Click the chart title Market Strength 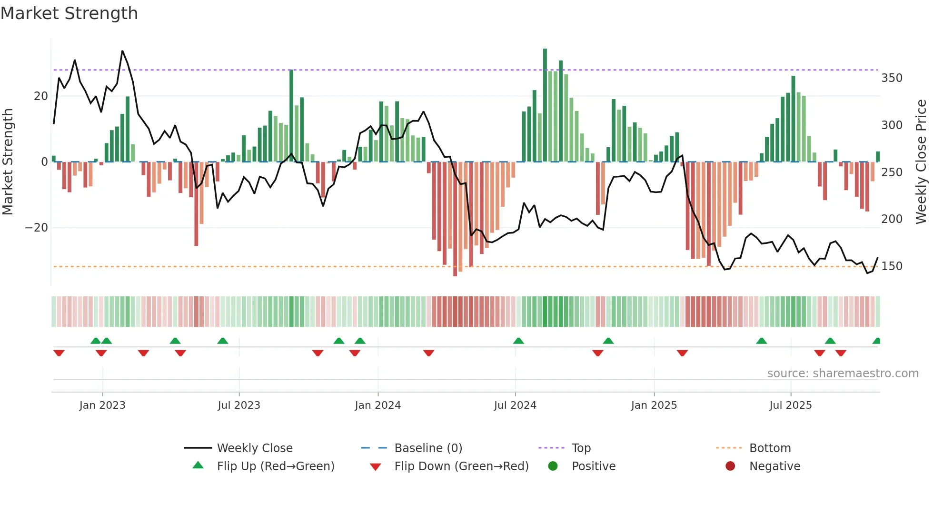[x=69, y=13]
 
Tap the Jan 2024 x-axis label [x=377, y=405]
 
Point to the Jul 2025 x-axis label [x=790, y=405]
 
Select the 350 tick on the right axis [x=892, y=78]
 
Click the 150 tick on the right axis [x=892, y=266]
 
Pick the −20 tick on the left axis [x=37, y=228]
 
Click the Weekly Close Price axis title [x=921, y=162]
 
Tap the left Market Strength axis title [x=8, y=162]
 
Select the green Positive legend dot [x=553, y=466]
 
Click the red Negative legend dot [x=730, y=466]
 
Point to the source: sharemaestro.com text [x=843, y=374]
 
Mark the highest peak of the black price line [x=122, y=51]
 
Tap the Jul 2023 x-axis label [x=238, y=405]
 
